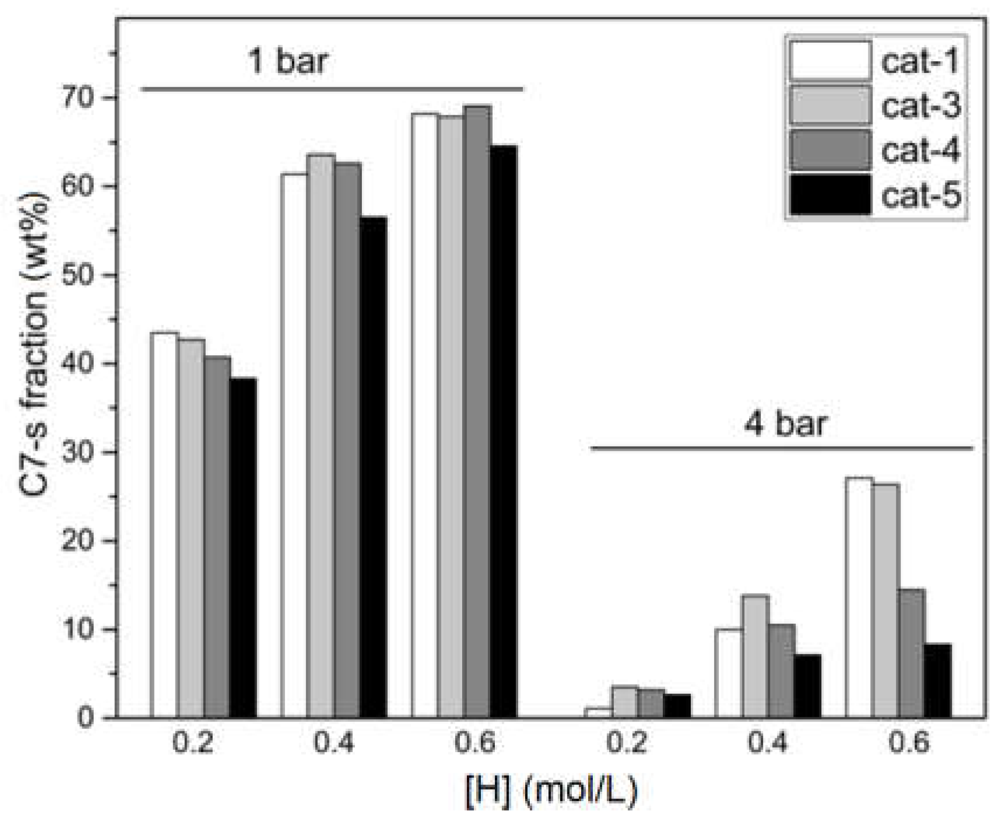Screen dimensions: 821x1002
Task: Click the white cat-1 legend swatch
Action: pyautogui.click(x=830, y=60)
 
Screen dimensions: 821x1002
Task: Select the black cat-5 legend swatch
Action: pyautogui.click(x=830, y=194)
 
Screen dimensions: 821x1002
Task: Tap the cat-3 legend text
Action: pyautogui.click(x=920, y=106)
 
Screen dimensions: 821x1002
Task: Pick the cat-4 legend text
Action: pyautogui.click(x=920, y=150)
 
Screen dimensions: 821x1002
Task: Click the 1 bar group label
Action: pyautogui.click(x=288, y=60)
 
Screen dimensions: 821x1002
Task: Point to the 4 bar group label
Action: pyautogui.click(x=785, y=423)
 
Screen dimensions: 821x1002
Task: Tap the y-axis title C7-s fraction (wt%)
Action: pyautogui.click(x=35, y=344)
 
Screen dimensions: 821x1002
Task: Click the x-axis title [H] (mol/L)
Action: pyautogui.click(x=551, y=791)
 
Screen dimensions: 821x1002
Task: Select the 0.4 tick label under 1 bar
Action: pyautogui.click(x=333, y=743)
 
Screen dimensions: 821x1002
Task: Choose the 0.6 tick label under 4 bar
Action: pyautogui.click(x=909, y=743)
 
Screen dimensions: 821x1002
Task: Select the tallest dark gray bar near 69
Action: pyautogui.click(x=477, y=408)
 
